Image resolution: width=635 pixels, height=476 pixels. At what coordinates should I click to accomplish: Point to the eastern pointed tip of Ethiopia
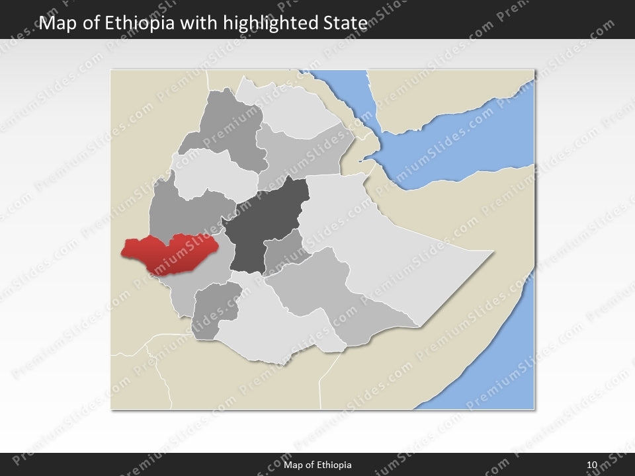click(493, 252)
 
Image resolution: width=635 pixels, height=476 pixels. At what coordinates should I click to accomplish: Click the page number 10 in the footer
click(591, 465)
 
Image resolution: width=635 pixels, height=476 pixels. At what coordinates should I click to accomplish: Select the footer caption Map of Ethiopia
click(317, 465)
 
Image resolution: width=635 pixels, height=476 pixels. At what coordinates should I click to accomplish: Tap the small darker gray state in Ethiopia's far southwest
click(215, 307)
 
